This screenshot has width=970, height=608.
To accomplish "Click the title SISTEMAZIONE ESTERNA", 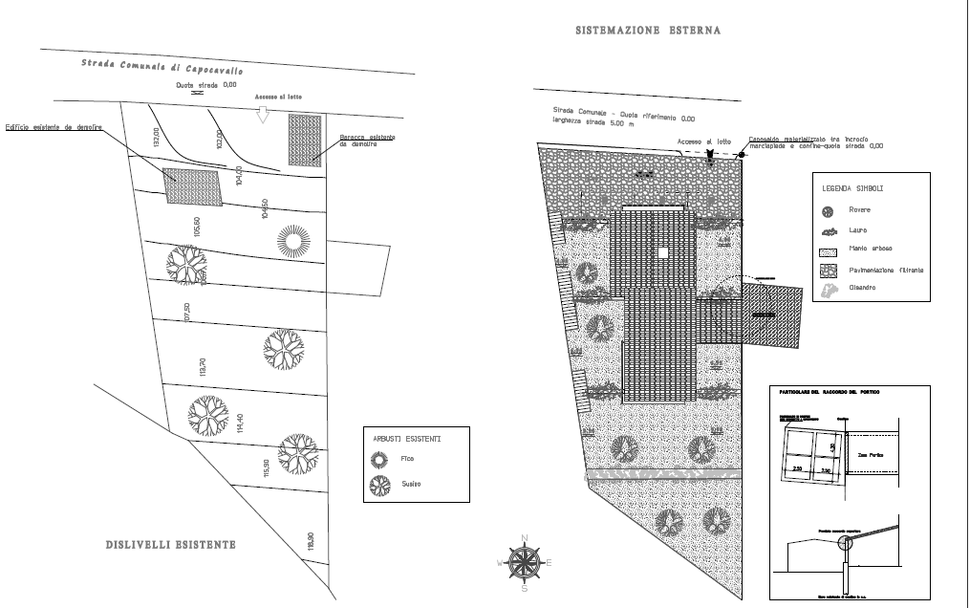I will click(x=648, y=31).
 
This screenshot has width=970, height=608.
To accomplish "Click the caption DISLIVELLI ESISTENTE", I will click(x=170, y=546).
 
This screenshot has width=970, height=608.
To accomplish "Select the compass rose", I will click(x=522, y=562).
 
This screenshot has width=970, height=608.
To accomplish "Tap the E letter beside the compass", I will click(x=548, y=563).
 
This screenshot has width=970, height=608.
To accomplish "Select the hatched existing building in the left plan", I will click(x=194, y=185).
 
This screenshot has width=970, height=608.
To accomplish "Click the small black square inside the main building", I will click(x=663, y=252).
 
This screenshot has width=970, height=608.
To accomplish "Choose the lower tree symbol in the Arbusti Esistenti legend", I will click(x=379, y=485).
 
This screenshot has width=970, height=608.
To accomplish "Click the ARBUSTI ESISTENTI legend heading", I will click(x=407, y=440).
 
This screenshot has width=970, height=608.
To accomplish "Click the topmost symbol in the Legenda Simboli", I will click(x=829, y=209).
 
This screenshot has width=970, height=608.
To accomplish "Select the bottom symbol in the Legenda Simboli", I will click(x=828, y=288).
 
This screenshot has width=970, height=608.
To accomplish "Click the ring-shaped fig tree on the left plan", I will click(x=292, y=240).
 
